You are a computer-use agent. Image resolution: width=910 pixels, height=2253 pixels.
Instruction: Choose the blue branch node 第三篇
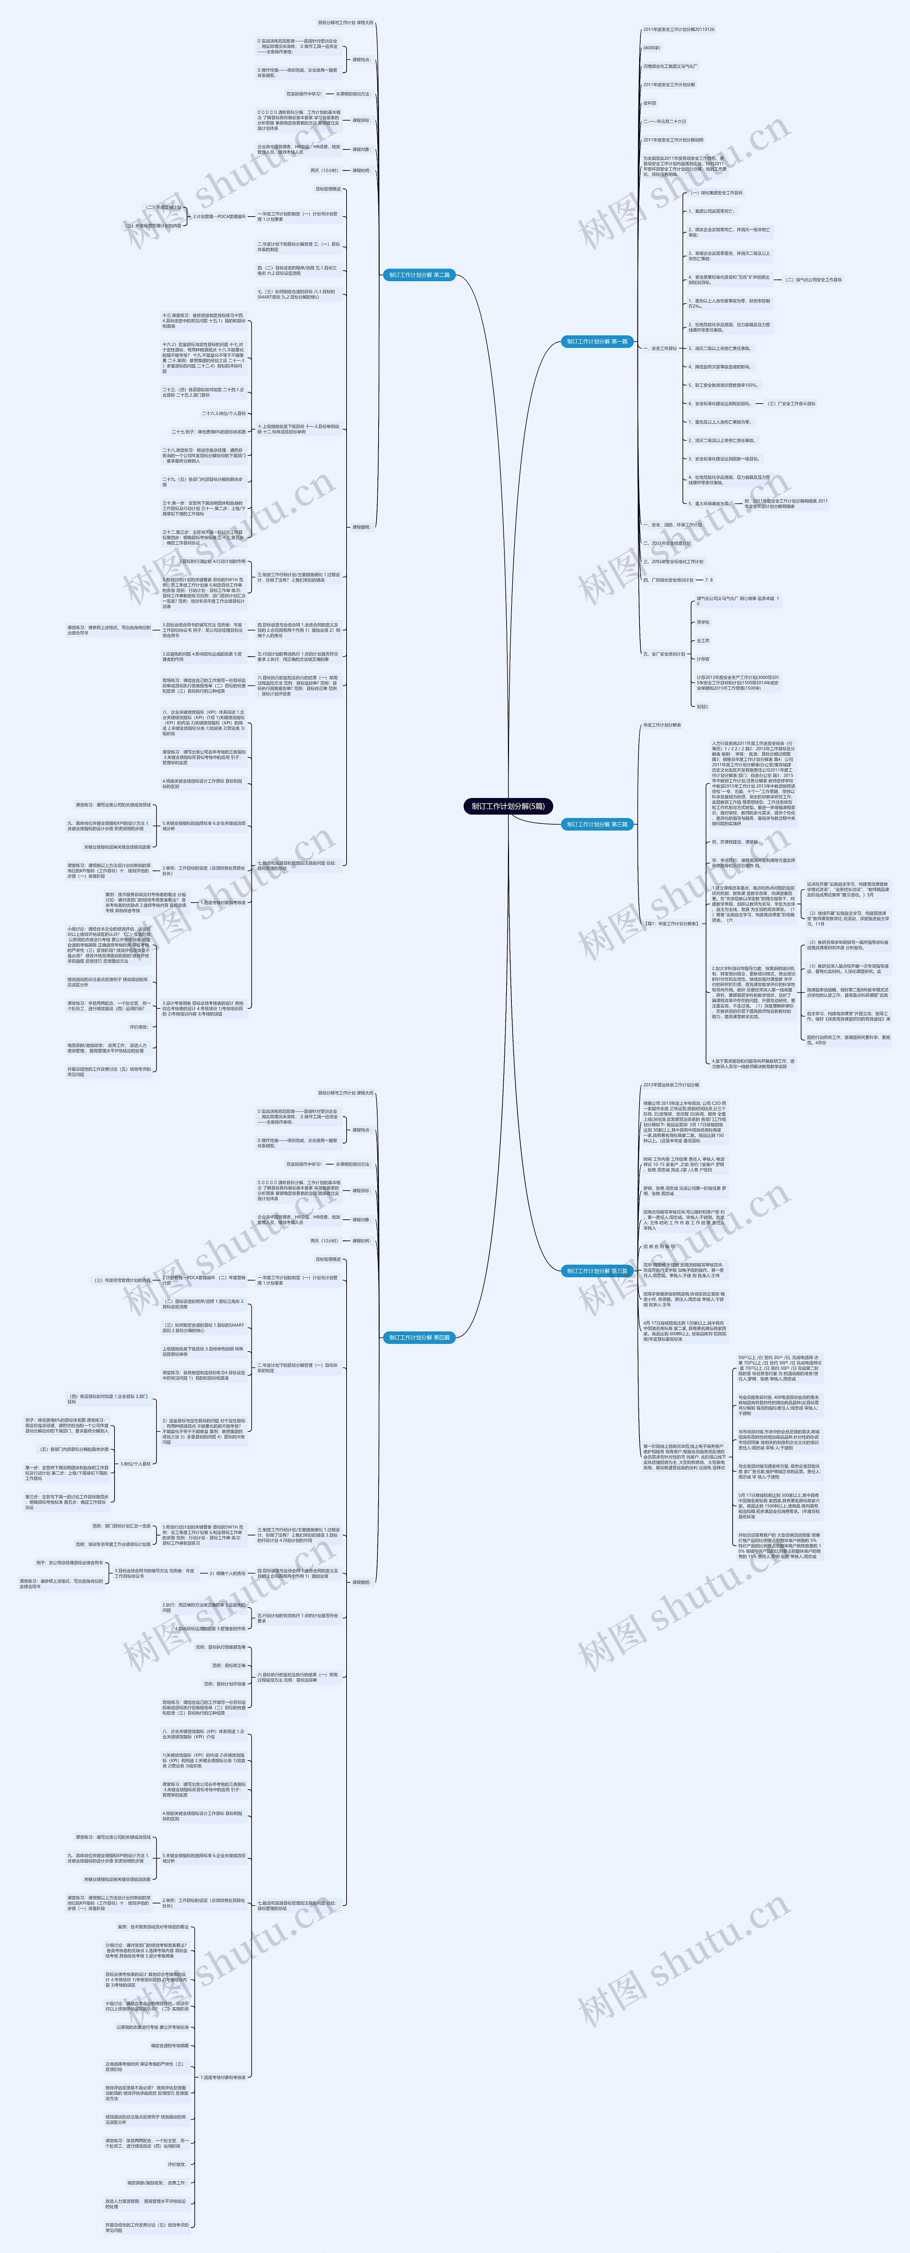pos(597,824)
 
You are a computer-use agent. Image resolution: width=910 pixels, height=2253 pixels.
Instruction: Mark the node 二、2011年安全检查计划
pos(667,543)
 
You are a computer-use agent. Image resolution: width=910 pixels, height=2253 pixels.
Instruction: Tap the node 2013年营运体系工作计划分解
pos(671,1085)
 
